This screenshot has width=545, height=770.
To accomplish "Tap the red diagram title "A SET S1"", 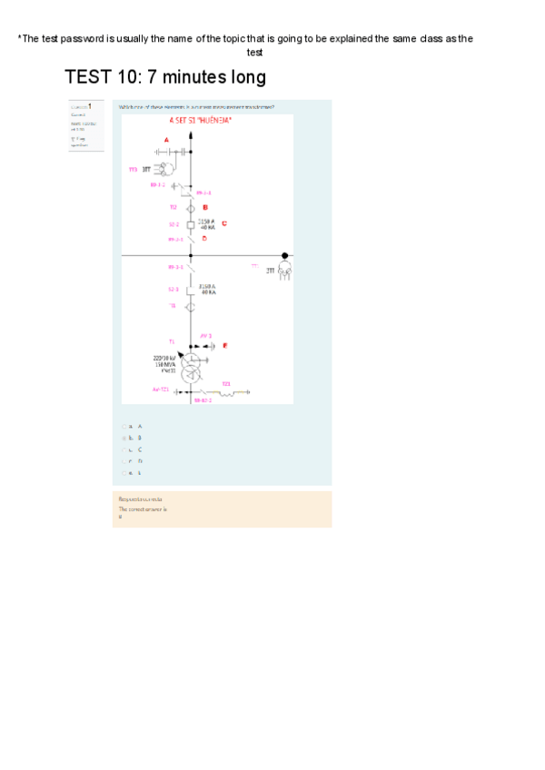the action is [x=200, y=120].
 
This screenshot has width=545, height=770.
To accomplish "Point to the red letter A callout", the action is [x=166, y=139].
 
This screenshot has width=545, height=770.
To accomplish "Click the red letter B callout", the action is [x=205, y=208].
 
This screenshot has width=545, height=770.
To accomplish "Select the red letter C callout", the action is [x=223, y=223].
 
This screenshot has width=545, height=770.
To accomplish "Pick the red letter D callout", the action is [x=204, y=239].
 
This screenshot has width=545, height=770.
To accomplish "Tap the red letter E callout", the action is [x=224, y=346].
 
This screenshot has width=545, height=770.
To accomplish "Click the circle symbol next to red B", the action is [x=191, y=208].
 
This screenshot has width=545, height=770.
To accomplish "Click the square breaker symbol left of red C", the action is [x=191, y=224].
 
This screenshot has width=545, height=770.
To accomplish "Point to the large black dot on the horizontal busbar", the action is [x=284, y=256].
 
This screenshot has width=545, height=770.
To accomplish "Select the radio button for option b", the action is [x=124, y=438].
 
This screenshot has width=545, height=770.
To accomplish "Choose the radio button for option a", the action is [x=124, y=426].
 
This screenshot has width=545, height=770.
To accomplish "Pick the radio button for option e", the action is [x=124, y=473].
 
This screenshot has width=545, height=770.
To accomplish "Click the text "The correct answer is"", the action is [x=142, y=509].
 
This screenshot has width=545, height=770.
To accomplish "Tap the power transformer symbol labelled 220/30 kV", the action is [x=191, y=369].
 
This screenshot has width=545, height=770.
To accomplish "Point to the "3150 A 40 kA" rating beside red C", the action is [x=207, y=223].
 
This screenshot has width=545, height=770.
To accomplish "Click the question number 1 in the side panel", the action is [x=89, y=106].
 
